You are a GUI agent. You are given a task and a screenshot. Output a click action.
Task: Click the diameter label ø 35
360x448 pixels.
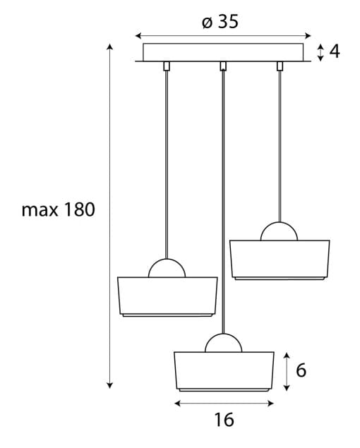pyautogui.click(x=220, y=21)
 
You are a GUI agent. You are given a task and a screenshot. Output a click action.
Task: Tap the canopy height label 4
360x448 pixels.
pyautogui.click(x=335, y=52)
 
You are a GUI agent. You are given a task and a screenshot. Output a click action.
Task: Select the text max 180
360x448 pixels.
pyautogui.click(x=59, y=210)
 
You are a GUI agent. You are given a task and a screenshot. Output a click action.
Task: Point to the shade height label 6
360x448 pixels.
pyautogui.click(x=301, y=370)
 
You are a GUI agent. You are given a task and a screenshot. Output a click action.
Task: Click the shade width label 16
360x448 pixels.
pyautogui.click(x=224, y=420)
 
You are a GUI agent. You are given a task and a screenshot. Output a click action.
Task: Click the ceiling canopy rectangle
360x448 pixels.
pyautogui.click(x=223, y=52)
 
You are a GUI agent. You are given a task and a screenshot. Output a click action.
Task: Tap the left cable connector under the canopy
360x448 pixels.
pyautogui.click(x=167, y=66)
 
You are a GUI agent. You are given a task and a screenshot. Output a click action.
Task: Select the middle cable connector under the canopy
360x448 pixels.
pyautogui.click(x=223, y=66)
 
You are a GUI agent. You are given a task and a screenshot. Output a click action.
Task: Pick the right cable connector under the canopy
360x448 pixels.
pyautogui.click(x=280, y=66)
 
